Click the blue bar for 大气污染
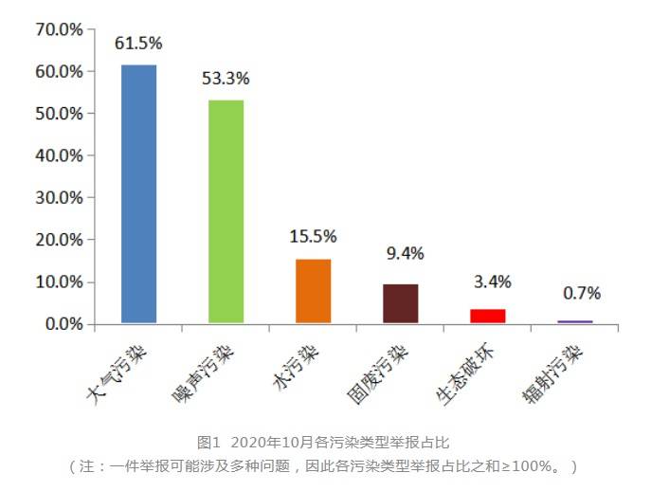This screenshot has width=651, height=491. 138,194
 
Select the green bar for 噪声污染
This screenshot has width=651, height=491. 226,211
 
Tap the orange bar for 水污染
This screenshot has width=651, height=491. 313,291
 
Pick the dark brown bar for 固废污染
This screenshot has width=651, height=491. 400,303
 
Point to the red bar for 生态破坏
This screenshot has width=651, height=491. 487,316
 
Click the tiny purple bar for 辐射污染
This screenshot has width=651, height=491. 574,321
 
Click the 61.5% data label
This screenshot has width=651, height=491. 138,44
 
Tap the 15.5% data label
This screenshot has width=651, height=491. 313,237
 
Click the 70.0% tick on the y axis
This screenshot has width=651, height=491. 59,29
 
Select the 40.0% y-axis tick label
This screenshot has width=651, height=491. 59,155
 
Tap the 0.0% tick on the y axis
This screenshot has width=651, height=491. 63,324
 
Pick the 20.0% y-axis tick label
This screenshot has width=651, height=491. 59,240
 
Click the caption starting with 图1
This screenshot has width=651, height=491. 322,443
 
